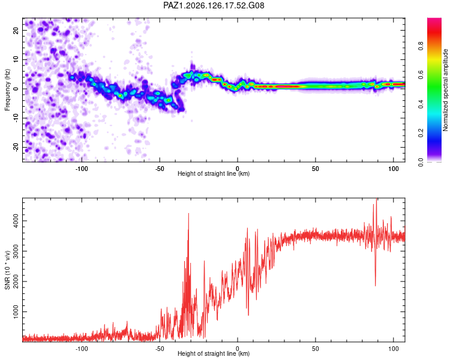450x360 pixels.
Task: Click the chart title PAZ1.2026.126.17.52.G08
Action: tap(214, 5)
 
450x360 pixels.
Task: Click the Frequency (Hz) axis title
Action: tap(7, 90)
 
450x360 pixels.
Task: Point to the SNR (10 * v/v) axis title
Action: tap(7, 270)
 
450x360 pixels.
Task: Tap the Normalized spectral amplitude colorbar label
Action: tap(445, 90)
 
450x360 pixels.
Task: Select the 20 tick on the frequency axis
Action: tap(16, 31)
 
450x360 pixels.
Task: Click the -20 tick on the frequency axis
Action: tap(16, 147)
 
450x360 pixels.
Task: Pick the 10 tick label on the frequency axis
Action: tap(16, 59)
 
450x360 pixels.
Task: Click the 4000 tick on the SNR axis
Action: tap(16, 221)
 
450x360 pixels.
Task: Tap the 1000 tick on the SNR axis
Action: tap(16, 311)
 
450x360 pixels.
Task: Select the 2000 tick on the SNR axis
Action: tap(16, 281)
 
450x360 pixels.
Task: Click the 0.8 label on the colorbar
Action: tap(421, 46)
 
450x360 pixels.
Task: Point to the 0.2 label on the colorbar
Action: tap(421, 133)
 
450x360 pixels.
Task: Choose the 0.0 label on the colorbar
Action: tap(421, 162)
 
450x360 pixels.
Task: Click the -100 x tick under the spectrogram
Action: tap(82, 169)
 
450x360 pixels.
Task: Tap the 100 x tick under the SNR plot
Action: tap(393, 349)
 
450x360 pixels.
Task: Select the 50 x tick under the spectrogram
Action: tap(315, 169)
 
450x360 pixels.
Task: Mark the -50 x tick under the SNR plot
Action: tap(160, 349)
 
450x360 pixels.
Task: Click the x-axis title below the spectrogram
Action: tap(214, 173)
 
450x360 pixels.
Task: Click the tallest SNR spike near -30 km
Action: tap(188, 214)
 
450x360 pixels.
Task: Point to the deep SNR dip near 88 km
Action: tap(376, 285)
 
